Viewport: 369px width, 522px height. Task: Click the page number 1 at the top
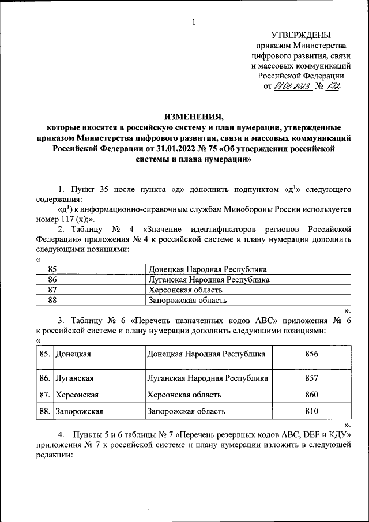pos(194,22)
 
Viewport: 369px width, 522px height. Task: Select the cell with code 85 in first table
pos(53,269)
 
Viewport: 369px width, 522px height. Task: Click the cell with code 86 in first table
pos(53,280)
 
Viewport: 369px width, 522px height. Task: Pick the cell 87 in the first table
pos(53,290)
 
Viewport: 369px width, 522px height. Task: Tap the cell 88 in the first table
pos(53,300)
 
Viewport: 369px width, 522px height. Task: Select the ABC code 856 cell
pos(311,354)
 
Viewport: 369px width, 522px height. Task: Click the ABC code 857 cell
pos(311,378)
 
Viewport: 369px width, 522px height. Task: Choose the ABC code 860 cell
pos(311,395)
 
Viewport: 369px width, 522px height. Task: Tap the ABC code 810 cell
pos(311,411)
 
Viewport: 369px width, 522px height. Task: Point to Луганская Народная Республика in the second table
pos(208,378)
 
